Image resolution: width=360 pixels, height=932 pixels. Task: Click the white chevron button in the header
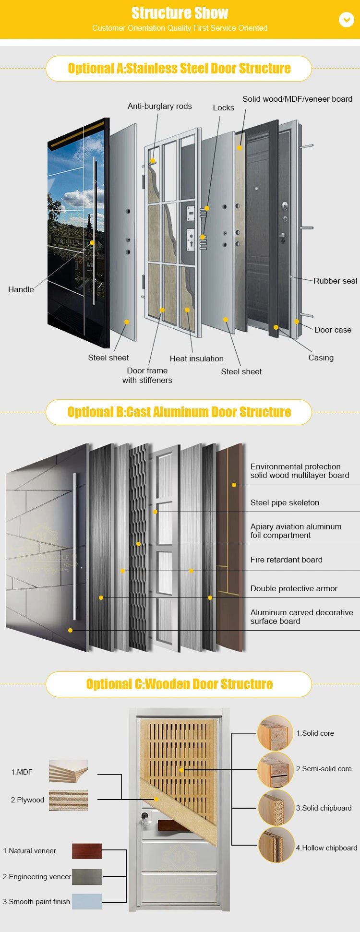[x=346, y=19]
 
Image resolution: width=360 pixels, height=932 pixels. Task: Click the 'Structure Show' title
[x=180, y=13]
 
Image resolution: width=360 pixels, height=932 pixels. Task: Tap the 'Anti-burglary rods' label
[x=159, y=106]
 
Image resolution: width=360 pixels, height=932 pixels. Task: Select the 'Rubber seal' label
[x=335, y=281]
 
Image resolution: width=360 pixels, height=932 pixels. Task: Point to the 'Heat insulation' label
[x=196, y=358]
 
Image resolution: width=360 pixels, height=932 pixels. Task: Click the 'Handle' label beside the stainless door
[x=21, y=289]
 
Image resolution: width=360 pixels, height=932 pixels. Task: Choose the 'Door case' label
[x=333, y=330]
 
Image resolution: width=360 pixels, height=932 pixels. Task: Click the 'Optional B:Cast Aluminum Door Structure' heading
[x=179, y=412]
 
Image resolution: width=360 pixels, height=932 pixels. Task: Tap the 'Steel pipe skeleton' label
[x=285, y=502]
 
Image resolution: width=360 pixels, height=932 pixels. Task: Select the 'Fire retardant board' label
[x=286, y=560]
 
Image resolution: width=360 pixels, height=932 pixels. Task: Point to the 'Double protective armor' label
[x=294, y=588]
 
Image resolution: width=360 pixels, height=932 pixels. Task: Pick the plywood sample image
[x=68, y=800]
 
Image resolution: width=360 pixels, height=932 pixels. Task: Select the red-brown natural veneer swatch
[x=86, y=851]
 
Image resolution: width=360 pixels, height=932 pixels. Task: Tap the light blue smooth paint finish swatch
[x=86, y=901]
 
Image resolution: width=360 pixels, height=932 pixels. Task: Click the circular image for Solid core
[x=275, y=733]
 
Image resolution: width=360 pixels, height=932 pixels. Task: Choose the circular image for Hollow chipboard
[x=276, y=845]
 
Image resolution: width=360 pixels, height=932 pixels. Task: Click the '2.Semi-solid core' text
[x=324, y=769]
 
